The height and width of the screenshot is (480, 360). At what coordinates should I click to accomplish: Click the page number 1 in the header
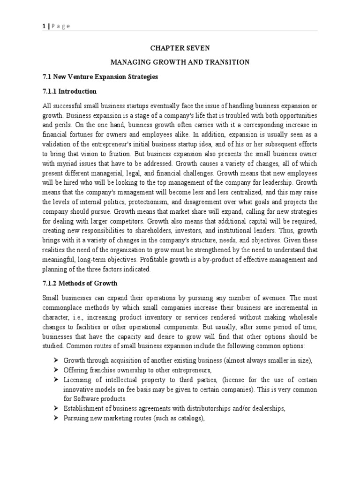(43, 26)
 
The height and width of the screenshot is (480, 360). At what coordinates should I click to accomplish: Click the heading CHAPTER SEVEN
(180, 48)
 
